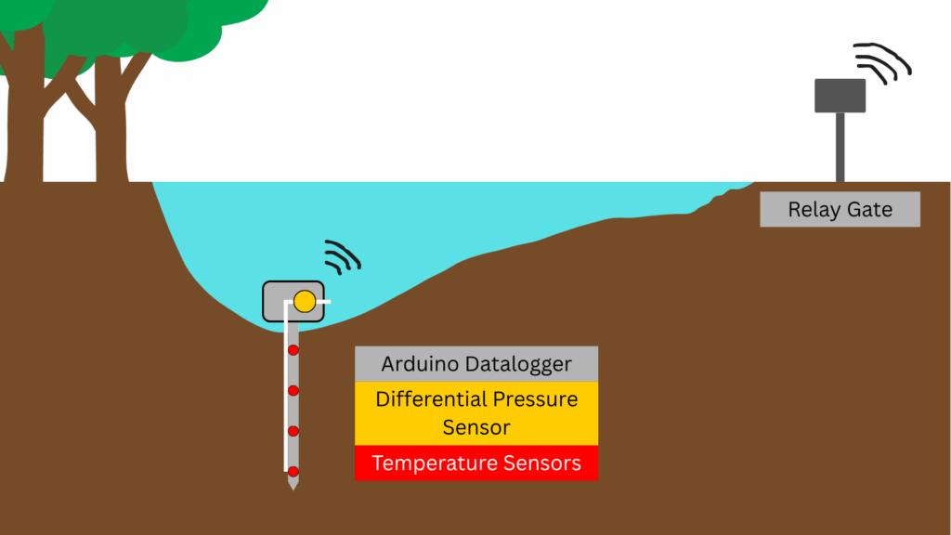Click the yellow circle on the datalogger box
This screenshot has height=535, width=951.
[x=305, y=301]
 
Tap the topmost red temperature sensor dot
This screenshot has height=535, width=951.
[x=293, y=350]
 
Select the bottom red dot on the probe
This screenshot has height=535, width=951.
[x=293, y=471]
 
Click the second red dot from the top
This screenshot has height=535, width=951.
[x=293, y=390]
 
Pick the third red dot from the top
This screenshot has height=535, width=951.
[x=293, y=431]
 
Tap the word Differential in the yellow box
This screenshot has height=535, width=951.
[x=431, y=399]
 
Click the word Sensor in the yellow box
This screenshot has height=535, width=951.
[x=476, y=428]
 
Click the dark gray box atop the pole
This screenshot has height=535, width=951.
[x=840, y=95]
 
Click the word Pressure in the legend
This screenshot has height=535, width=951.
[x=535, y=399]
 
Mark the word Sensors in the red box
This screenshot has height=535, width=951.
[x=542, y=463]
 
